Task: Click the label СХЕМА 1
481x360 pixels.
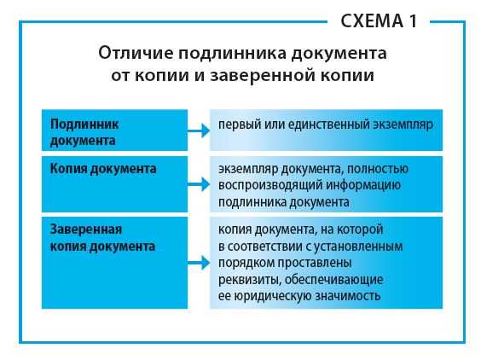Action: click(x=380, y=20)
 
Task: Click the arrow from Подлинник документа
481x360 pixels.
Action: click(x=199, y=131)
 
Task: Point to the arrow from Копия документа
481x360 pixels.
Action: click(x=199, y=183)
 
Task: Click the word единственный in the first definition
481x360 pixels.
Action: click(x=322, y=125)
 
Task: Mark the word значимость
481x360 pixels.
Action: click(x=350, y=295)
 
